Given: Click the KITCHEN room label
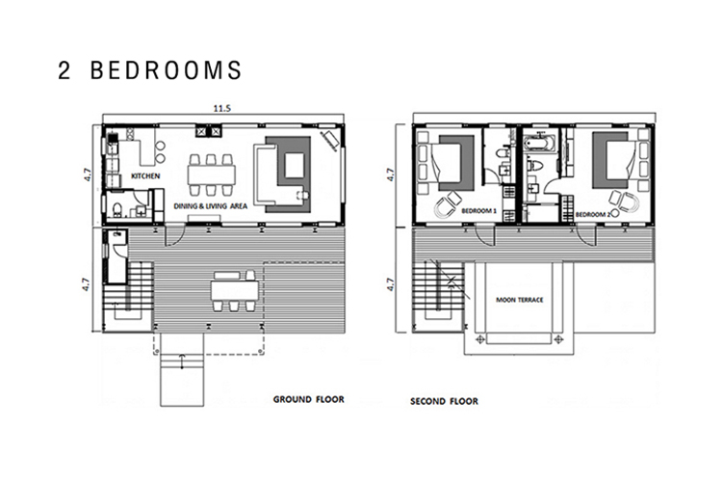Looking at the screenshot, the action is click(x=145, y=175).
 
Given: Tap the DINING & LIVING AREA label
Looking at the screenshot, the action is click(x=211, y=206).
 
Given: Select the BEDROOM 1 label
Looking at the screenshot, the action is click(x=478, y=211).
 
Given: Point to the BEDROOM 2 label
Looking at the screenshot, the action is click(x=593, y=214).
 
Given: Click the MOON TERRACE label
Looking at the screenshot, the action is click(x=520, y=300).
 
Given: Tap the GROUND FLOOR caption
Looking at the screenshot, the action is click(x=308, y=399).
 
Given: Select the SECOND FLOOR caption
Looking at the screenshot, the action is click(x=444, y=401).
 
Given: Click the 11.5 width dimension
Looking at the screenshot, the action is click(x=221, y=109).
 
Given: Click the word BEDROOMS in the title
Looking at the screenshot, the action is click(x=166, y=70).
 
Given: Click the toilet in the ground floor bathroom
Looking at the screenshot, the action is click(x=116, y=210).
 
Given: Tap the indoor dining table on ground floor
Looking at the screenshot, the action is click(x=212, y=174).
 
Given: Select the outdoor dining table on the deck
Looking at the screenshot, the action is click(x=235, y=290).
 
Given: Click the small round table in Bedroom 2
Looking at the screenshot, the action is click(x=629, y=202).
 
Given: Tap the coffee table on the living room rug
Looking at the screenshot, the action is click(x=295, y=166).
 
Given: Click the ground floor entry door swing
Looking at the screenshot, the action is click(x=176, y=235).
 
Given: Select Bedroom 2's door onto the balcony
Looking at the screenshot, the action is click(x=586, y=235).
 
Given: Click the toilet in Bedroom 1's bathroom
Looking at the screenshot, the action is click(x=503, y=153).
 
